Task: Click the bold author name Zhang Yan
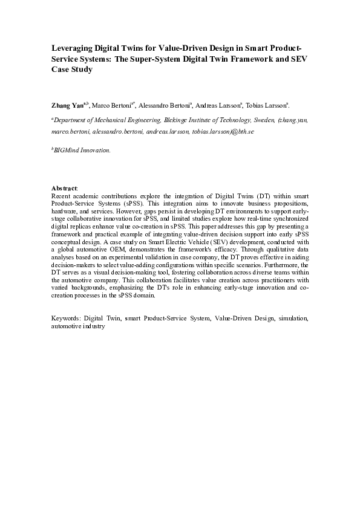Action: [x=67, y=105]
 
